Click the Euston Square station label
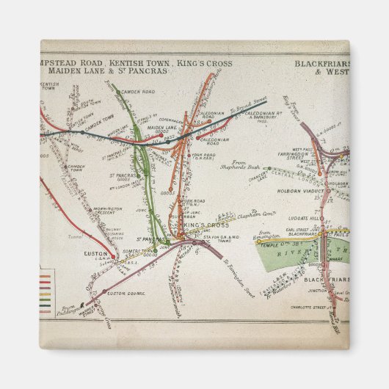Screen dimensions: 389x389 tap(123, 293)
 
